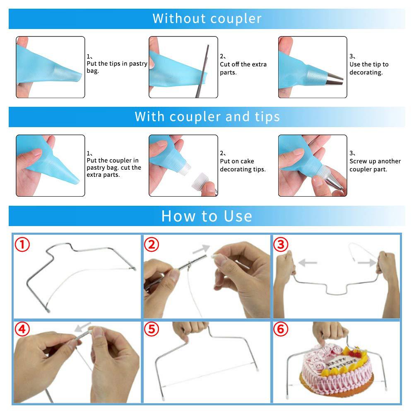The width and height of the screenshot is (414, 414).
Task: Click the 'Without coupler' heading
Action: point(207,19)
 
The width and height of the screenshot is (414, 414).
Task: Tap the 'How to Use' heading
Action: point(207,216)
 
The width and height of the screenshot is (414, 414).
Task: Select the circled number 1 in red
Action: point(23,244)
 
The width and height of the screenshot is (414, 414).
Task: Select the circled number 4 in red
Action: point(23,330)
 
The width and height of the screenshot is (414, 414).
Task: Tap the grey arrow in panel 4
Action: point(83,329)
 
